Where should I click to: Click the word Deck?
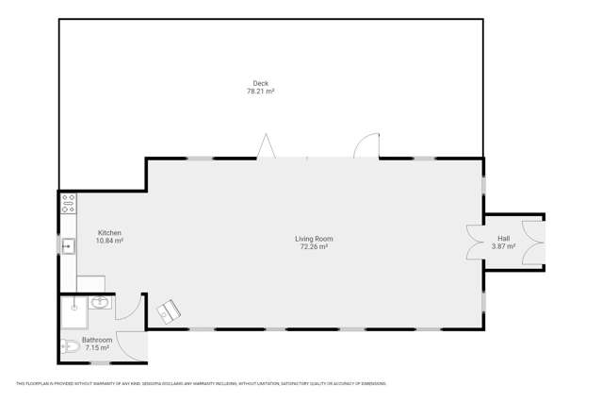[x=260, y=84]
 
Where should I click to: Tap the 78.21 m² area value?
[x=260, y=92]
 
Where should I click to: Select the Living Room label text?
[x=314, y=239]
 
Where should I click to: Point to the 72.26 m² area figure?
[x=314, y=247]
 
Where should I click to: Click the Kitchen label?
[x=109, y=233]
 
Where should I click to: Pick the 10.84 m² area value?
[x=109, y=242]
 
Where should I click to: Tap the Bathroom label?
[x=97, y=340]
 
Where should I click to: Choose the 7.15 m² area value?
[x=97, y=348]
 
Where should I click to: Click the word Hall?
[x=504, y=238]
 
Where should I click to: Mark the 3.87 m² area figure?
[x=504, y=246]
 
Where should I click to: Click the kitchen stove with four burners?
[x=68, y=203]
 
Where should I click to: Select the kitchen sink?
[x=68, y=246]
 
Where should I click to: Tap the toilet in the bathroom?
[x=68, y=345]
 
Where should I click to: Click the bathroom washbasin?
[x=101, y=303]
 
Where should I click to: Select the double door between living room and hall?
[x=474, y=242]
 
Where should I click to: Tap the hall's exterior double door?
[x=535, y=242]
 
